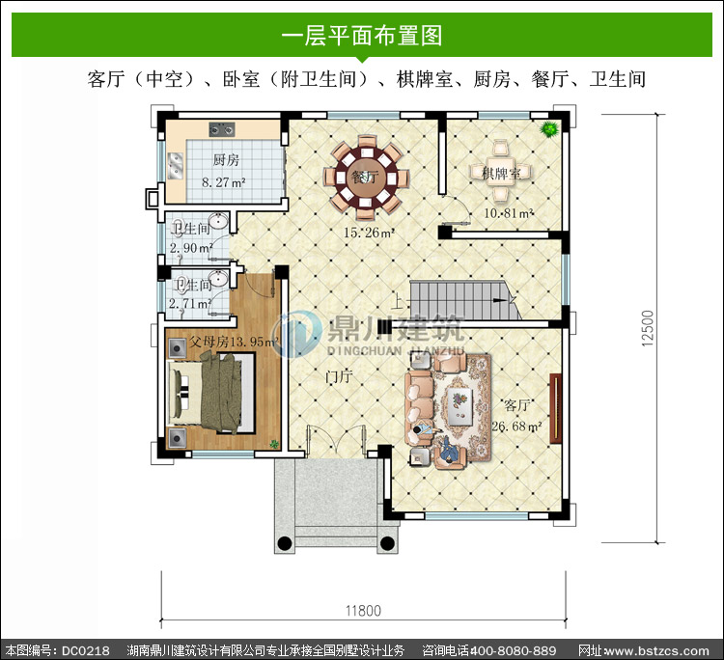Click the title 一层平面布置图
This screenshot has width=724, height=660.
pyautogui.click(x=362, y=36)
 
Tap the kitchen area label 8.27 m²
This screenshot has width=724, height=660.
pyautogui.click(x=224, y=182)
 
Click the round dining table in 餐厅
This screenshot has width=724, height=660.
pyautogui.click(x=366, y=178)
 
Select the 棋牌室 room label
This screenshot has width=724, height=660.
pyautogui.click(x=501, y=174)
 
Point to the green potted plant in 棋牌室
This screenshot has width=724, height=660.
pyautogui.click(x=549, y=128)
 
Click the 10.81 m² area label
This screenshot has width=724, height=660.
pyautogui.click(x=509, y=213)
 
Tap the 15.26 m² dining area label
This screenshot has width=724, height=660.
pyautogui.click(x=369, y=233)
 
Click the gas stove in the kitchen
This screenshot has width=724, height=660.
pyautogui.click(x=222, y=129)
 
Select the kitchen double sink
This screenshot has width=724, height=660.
pyautogui.click(x=175, y=166)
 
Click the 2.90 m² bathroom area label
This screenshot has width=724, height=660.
pyautogui.click(x=191, y=248)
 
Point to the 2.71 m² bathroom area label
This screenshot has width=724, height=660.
pyautogui.click(x=190, y=303)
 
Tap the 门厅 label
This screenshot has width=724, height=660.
pyautogui.click(x=339, y=376)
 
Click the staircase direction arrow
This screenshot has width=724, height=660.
pyautogui.click(x=499, y=300)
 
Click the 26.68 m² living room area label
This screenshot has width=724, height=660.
pyautogui.click(x=516, y=426)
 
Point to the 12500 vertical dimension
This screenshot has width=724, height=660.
pyautogui.click(x=648, y=328)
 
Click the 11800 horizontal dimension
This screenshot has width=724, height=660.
pyautogui.click(x=363, y=611)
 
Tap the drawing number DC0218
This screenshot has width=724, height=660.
pyautogui.click(x=86, y=650)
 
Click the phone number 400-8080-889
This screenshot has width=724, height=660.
pyautogui.click(x=513, y=650)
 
